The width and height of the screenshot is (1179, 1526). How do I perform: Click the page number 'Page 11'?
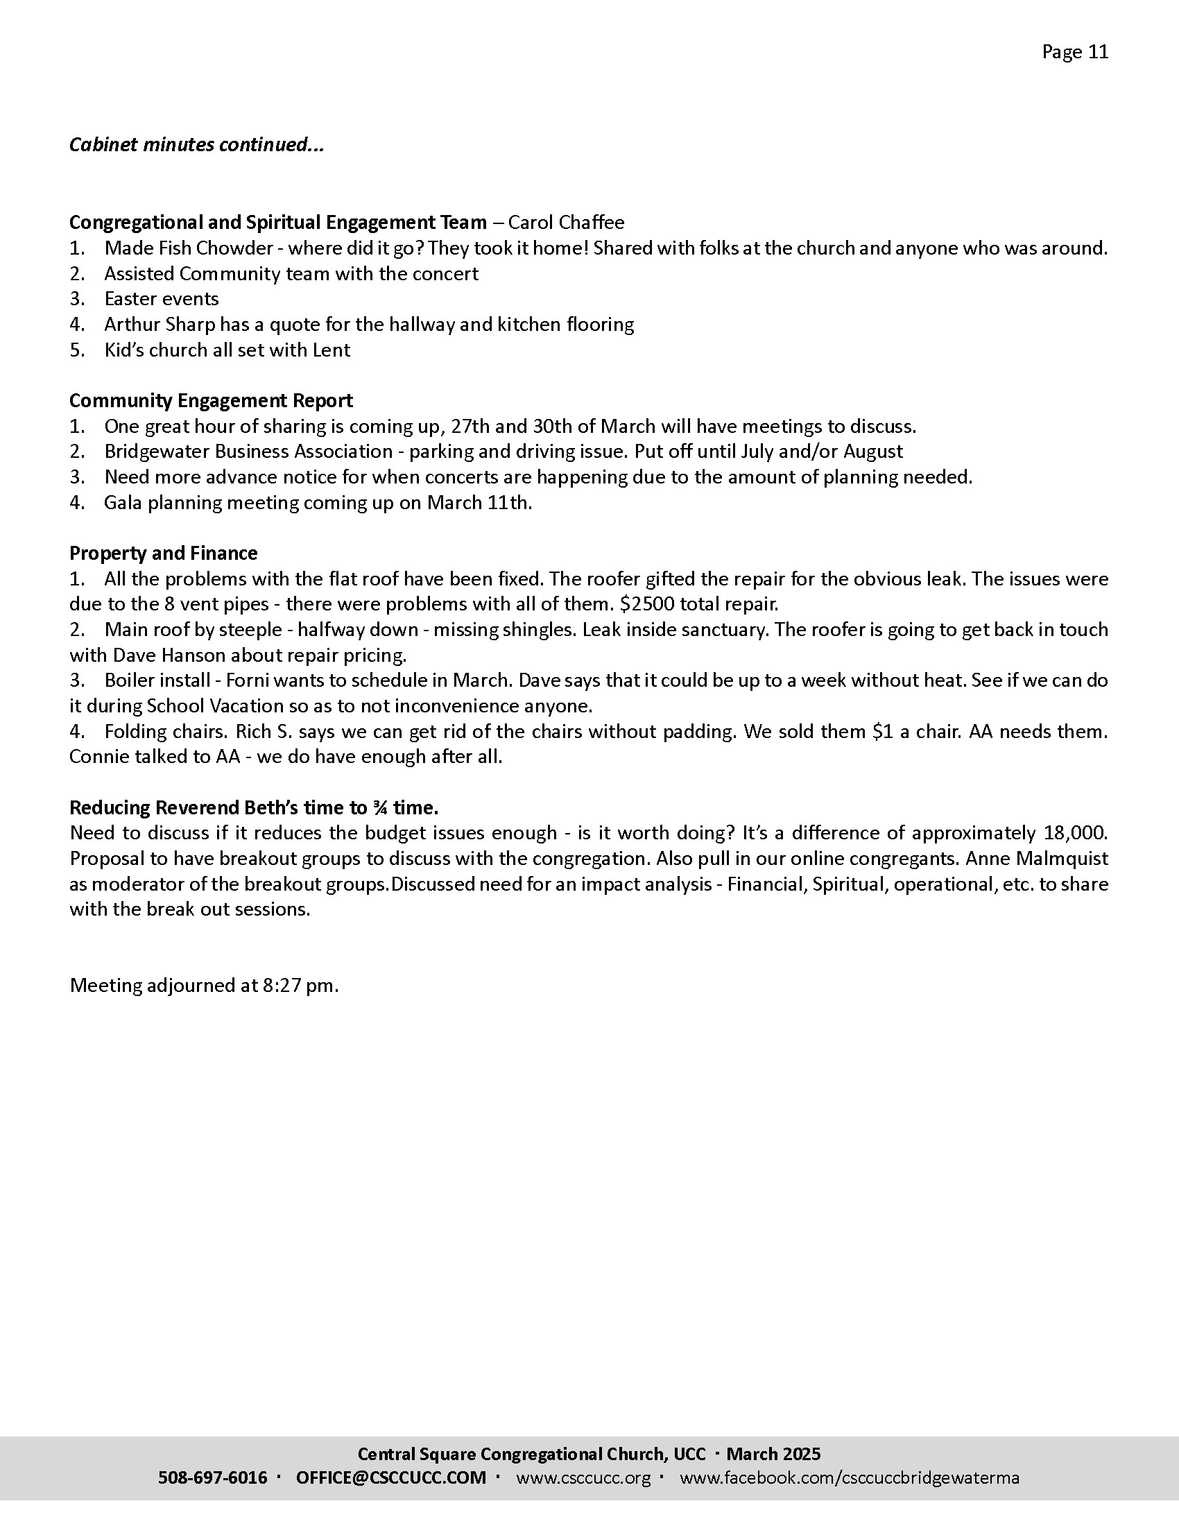pyautogui.click(x=1075, y=53)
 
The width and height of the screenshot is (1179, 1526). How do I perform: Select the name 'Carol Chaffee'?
pyautogui.click(x=567, y=222)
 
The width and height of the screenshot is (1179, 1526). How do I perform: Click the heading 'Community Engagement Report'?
pyautogui.click(x=211, y=400)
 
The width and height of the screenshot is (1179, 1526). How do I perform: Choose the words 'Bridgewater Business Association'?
pyautogui.click(x=249, y=452)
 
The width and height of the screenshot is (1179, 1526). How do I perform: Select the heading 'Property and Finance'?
pyautogui.click(x=164, y=554)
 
